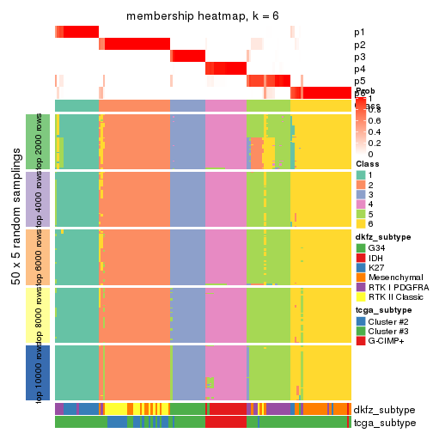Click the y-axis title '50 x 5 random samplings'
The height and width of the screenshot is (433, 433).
pos(15,257)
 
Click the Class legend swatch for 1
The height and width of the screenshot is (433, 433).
pos(361,174)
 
